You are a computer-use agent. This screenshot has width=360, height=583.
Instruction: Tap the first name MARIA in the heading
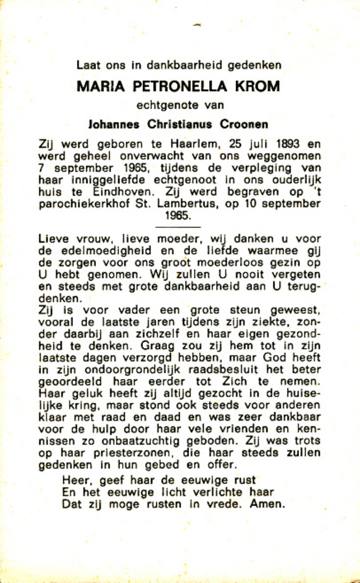(x=97, y=87)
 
